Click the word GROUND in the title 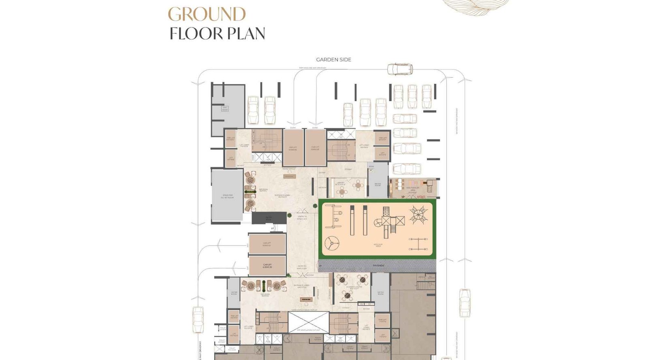(207, 15)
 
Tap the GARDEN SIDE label (333, 60)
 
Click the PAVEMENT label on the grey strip (378, 266)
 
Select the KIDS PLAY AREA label (378, 245)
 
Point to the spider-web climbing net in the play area (418, 215)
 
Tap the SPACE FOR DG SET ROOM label (227, 196)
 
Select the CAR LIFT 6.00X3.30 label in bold (267, 266)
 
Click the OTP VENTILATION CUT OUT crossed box (309, 322)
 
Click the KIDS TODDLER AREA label (412, 189)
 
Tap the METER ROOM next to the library (377, 184)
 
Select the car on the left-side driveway (198, 319)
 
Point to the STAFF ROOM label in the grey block (225, 109)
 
